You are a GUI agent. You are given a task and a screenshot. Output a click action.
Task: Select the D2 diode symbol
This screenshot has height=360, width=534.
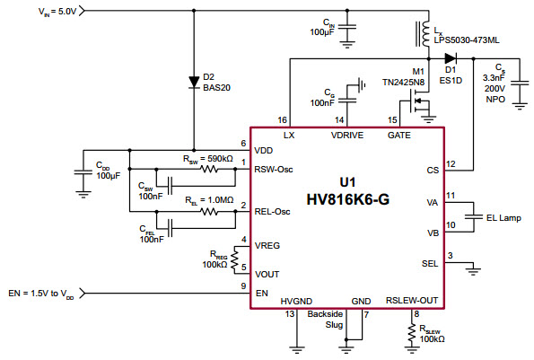[x=193, y=82]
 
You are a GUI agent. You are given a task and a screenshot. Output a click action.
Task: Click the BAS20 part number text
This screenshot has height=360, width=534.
[x=218, y=88]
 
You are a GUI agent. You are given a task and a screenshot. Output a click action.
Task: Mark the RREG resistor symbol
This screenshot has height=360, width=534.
[x=235, y=260]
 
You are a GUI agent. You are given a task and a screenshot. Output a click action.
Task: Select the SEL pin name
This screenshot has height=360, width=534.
[x=430, y=263]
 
